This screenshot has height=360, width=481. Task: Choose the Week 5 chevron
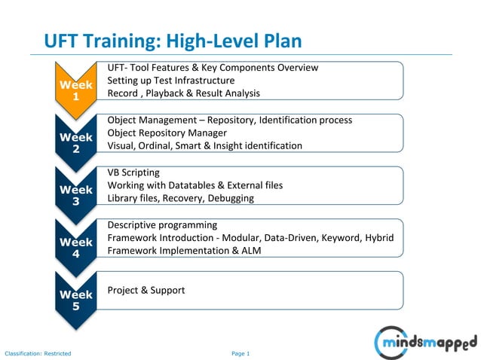pyautogui.click(x=75, y=300)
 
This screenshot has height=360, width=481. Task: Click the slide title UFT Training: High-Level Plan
pyautogui.click(x=173, y=40)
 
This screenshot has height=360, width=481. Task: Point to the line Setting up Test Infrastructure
pyautogui.click(x=171, y=81)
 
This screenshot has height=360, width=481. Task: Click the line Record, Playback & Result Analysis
pyautogui.click(x=183, y=93)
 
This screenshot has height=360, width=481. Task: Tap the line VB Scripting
pyautogui.click(x=133, y=172)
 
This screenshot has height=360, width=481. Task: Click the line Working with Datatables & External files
pyautogui.click(x=195, y=185)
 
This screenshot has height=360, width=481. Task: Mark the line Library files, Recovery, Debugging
pyautogui.click(x=180, y=198)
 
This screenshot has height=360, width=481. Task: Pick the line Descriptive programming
pyautogui.click(x=162, y=224)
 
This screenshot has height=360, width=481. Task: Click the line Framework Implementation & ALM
pyautogui.click(x=184, y=251)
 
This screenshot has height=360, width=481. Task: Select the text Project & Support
pyautogui.click(x=146, y=290)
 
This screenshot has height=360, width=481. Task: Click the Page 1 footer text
pyautogui.click(x=240, y=353)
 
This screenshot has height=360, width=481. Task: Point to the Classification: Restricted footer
pyautogui.click(x=38, y=353)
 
